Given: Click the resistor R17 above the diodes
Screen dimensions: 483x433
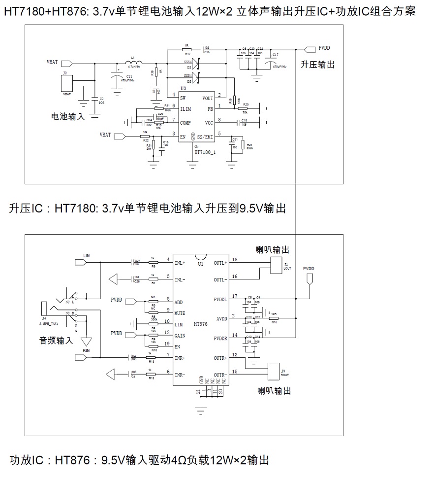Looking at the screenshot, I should [187, 50].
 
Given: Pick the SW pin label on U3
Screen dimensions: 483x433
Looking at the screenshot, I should [183, 98].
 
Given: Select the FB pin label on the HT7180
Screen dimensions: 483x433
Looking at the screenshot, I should [210, 109].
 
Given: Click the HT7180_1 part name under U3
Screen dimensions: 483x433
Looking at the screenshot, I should [205, 153].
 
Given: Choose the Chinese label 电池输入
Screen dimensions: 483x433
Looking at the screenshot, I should [68, 117].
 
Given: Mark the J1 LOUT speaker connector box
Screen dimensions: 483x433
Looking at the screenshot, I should [277, 265].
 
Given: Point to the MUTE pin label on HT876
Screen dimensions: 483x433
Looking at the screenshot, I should [180, 313].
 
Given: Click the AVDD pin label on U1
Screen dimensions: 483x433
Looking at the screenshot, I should [221, 318].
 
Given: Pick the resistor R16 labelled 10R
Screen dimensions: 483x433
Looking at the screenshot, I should [274, 319].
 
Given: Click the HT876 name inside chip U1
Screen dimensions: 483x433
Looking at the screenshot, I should [201, 324].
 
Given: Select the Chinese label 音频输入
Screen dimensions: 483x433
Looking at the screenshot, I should [56, 340].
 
